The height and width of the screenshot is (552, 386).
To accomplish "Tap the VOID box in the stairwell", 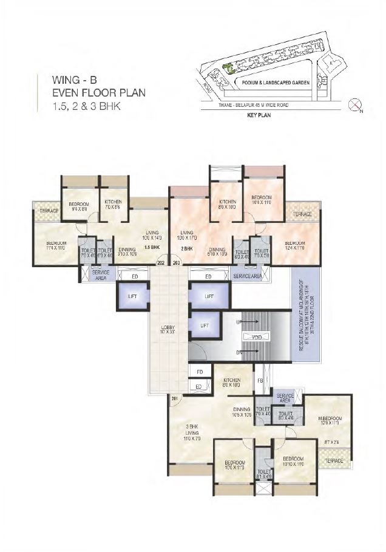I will click(250, 336).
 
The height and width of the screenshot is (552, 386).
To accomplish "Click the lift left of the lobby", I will click(133, 297).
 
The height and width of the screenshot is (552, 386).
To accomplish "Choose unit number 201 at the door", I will click(174, 398).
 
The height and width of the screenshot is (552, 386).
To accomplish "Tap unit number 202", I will click(161, 263).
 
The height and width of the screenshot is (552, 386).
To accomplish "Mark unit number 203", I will click(177, 263).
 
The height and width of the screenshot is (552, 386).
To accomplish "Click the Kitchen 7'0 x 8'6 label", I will click(113, 204).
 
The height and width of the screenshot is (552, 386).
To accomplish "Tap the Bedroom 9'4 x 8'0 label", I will click(79, 206).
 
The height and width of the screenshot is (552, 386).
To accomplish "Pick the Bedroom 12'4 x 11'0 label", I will click(294, 245).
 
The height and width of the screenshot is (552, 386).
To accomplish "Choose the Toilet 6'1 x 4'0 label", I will click(263, 474).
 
